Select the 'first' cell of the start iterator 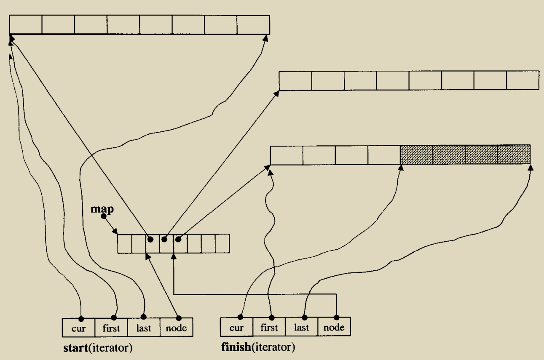111,327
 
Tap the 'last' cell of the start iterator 144,327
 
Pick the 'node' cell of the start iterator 177,327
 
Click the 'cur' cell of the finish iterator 236,327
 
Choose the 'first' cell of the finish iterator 269,327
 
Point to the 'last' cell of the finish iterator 301,327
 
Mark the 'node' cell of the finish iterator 334,327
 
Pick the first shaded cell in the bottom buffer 416,155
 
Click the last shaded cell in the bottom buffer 514,155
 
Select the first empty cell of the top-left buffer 26,24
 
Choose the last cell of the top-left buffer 253,24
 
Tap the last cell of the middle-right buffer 523,80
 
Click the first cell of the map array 125,244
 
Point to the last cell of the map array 222,244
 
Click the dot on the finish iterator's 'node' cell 336,317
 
